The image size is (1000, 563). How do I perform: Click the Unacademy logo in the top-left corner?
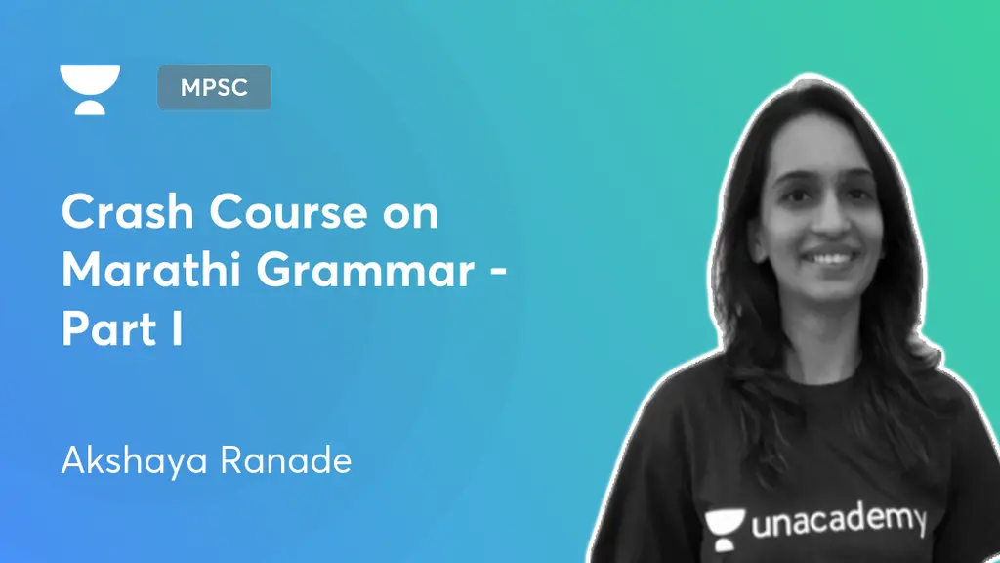(x=89, y=89)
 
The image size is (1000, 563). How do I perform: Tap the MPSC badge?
(x=214, y=87)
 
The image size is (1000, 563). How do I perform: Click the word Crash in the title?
(x=123, y=213)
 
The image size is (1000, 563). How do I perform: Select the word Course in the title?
(x=283, y=213)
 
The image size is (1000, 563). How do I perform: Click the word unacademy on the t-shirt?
(x=838, y=522)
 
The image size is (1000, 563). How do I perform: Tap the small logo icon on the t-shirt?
(x=725, y=524)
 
